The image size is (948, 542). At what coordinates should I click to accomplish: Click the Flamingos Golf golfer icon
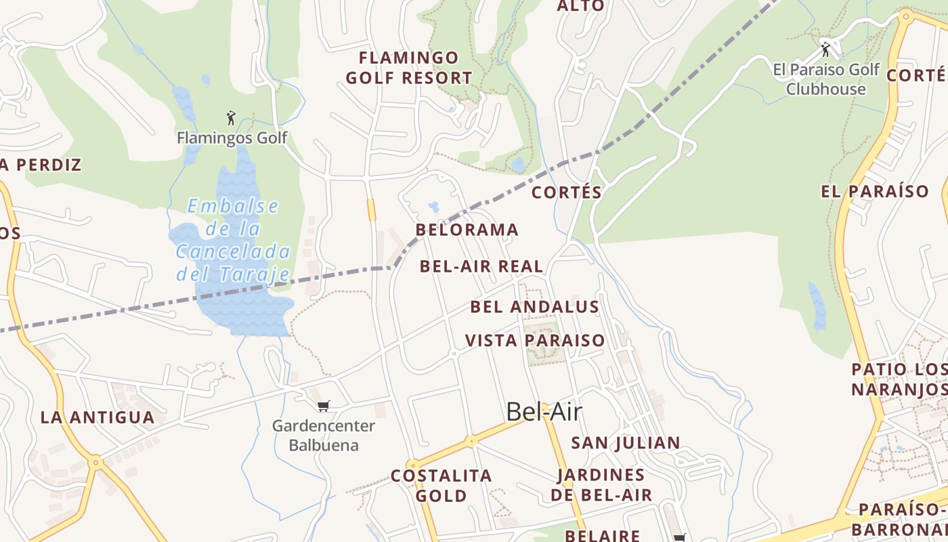pyautogui.click(x=231, y=118)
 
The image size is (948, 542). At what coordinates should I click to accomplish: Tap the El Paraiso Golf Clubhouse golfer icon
pyautogui.click(x=825, y=49)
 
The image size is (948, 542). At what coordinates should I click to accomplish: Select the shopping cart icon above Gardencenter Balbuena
pyautogui.click(x=323, y=406)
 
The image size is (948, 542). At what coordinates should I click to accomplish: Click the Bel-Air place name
pyautogui.click(x=544, y=411)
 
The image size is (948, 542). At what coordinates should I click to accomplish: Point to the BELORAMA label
pyautogui.click(x=467, y=230)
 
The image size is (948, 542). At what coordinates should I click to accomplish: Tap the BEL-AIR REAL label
pyautogui.click(x=481, y=266)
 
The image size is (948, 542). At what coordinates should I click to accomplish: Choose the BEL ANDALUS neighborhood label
pyautogui.click(x=535, y=307)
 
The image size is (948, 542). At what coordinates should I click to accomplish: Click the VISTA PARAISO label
pyautogui.click(x=535, y=340)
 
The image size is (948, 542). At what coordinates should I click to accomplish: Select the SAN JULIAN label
pyautogui.click(x=626, y=443)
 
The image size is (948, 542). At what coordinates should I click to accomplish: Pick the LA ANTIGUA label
pyautogui.click(x=98, y=417)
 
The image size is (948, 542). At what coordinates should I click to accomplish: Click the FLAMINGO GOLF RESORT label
pyautogui.click(x=409, y=68)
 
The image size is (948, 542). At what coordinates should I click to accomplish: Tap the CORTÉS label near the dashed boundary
pyautogui.click(x=567, y=192)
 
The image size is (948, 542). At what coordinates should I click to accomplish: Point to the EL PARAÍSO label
pyautogui.click(x=875, y=191)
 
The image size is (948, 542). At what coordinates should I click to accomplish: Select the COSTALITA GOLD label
pyautogui.click(x=441, y=486)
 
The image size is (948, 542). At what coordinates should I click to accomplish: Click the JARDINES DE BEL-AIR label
pyautogui.click(x=601, y=485)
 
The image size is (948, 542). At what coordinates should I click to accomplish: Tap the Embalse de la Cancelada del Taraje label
pyautogui.click(x=234, y=240)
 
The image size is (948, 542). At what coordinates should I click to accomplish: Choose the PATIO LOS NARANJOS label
pyautogui.click(x=899, y=379)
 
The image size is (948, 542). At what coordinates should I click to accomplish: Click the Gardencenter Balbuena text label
pyautogui.click(x=324, y=436)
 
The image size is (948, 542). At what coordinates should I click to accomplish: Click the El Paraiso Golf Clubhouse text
pyautogui.click(x=826, y=79)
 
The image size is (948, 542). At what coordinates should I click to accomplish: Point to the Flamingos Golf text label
pyautogui.click(x=232, y=138)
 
